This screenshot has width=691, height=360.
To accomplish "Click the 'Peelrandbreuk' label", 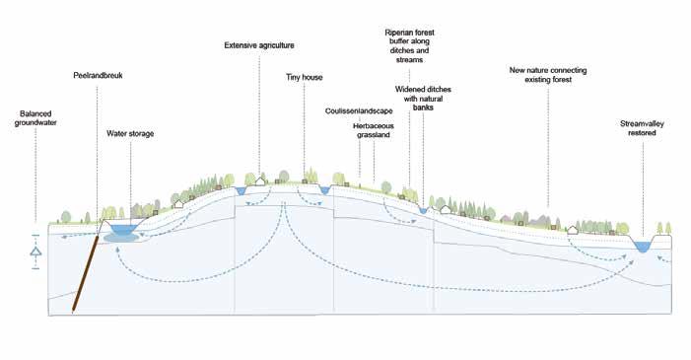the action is (98, 75).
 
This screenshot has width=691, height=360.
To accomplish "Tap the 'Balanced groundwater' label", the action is (35, 118).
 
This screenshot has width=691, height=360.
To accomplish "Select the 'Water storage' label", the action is (130, 134).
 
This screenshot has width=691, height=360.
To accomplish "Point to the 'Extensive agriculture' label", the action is (259, 45).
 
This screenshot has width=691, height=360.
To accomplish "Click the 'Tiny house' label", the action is (304, 77).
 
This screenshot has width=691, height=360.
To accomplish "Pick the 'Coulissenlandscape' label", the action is (359, 110).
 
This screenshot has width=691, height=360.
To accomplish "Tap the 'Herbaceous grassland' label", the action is (374, 130).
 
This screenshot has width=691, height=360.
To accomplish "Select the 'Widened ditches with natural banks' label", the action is (423, 99).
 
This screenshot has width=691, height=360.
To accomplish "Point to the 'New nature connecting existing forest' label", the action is (548, 75).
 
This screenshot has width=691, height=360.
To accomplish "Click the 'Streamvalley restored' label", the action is (642, 128).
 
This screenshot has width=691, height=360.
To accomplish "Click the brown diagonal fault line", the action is (86, 273).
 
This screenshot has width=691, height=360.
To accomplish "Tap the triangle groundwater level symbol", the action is (35, 252).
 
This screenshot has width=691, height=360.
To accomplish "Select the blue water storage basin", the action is (124, 229).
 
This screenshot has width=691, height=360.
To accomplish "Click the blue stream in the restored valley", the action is (642, 247).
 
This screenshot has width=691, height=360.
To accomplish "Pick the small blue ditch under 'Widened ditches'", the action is (424, 211).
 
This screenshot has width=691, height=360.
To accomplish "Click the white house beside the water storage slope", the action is (178, 204).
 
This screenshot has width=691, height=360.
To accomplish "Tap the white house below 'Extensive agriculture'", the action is (260, 180).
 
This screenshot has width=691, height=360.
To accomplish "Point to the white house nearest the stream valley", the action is (573, 230).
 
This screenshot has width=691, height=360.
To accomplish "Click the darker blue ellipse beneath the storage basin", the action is (121, 239).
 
